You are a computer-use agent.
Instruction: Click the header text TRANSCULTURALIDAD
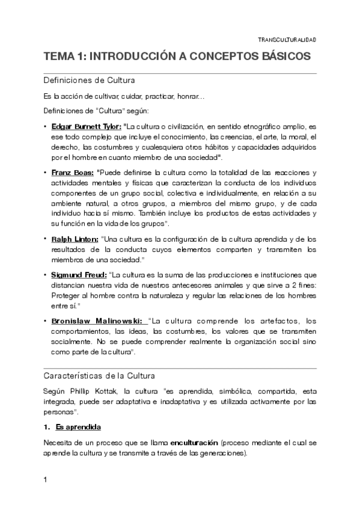[x=287, y=40]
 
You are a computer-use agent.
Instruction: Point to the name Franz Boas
[x=73, y=173]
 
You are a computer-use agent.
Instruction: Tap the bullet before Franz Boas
[x=46, y=173]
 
